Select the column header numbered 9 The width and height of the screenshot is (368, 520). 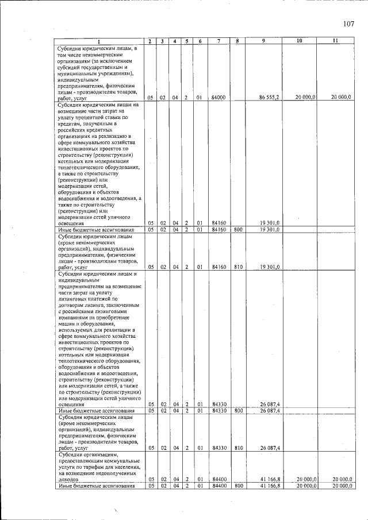[263, 41]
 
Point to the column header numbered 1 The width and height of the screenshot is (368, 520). [98, 41]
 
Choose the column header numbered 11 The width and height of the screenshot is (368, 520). [335, 41]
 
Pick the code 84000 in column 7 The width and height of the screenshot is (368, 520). [218, 98]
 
